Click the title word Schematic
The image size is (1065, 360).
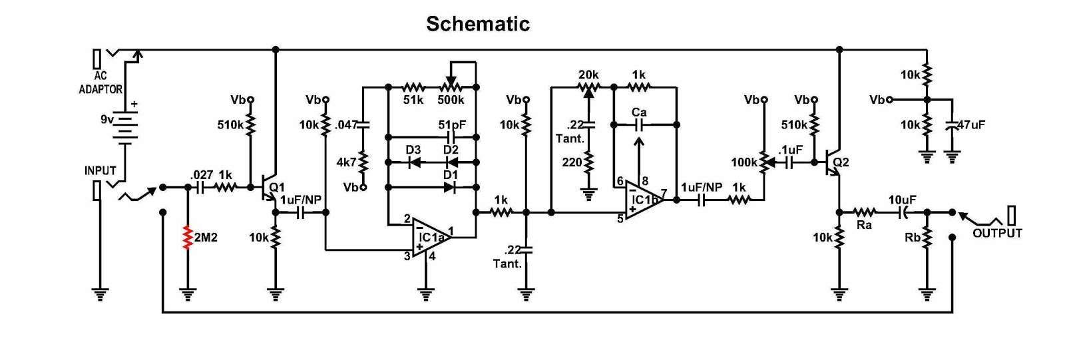click(x=478, y=24)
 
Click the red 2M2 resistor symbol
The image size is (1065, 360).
click(x=188, y=238)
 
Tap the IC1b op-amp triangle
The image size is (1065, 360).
click(x=644, y=200)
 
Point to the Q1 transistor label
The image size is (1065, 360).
click(x=277, y=188)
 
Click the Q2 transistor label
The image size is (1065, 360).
click(x=841, y=162)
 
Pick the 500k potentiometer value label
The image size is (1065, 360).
click(x=451, y=100)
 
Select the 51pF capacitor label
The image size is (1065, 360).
click(x=452, y=124)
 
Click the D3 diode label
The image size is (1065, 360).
click(x=413, y=150)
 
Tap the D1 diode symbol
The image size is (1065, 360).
click(x=450, y=188)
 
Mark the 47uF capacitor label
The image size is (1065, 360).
click(x=971, y=124)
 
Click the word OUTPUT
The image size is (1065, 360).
click(x=998, y=233)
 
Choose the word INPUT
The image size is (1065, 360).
click(x=101, y=171)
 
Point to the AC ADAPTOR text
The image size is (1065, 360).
click(x=101, y=83)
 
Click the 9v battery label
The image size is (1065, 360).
click(x=107, y=119)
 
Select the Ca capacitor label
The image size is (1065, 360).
click(x=639, y=112)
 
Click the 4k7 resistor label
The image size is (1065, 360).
click(x=346, y=162)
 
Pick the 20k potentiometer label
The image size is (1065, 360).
click(x=588, y=75)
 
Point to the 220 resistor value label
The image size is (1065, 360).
click(x=572, y=162)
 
